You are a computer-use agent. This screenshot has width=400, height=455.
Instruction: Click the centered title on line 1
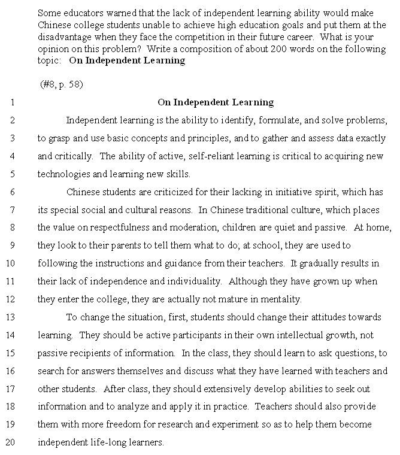click(x=216, y=102)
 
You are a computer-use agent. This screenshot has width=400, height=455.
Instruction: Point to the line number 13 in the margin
click(x=10, y=318)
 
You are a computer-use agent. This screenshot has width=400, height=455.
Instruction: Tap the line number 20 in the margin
click(x=10, y=443)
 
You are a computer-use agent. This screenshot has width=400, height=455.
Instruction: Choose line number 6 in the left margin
click(x=12, y=192)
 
